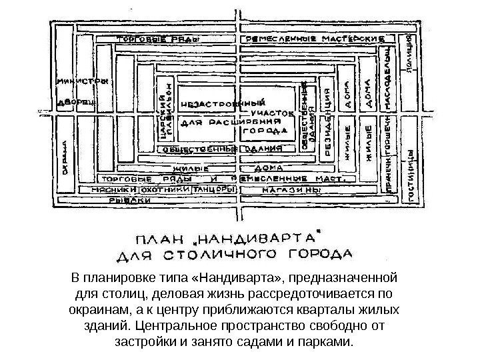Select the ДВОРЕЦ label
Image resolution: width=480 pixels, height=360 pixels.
(x=76, y=103)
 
